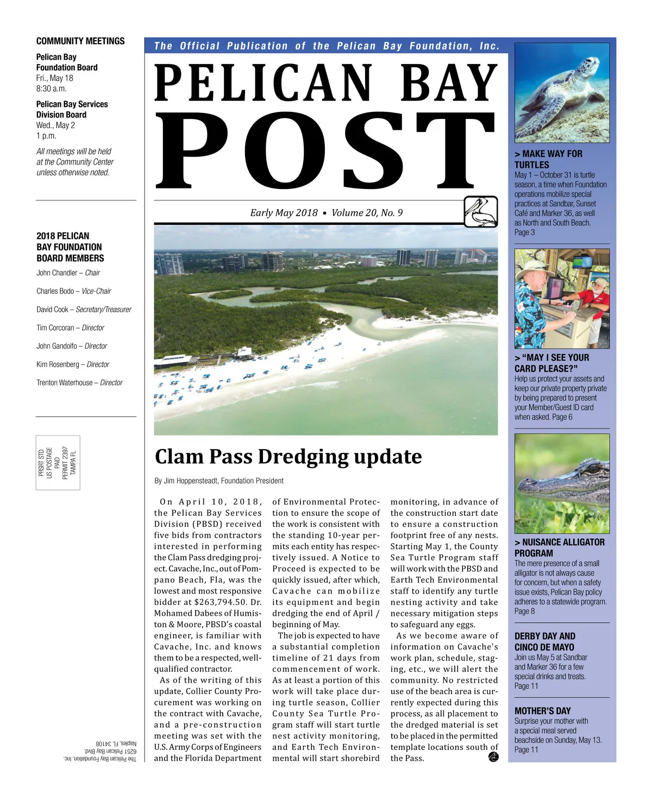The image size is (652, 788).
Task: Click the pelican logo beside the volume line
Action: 481,212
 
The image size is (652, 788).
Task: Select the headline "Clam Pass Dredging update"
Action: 288,457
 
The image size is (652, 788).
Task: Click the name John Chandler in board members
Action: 57,273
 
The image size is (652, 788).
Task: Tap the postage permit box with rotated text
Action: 58,463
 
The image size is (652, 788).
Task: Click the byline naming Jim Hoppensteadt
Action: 219,481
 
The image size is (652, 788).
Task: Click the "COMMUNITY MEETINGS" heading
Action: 80,41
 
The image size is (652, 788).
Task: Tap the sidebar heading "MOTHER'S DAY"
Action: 542,711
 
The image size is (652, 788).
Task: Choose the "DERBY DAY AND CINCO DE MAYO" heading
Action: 544,641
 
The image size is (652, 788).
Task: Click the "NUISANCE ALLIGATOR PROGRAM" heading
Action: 559,547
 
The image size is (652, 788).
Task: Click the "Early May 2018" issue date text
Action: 284,213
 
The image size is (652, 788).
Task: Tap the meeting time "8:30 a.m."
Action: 52,89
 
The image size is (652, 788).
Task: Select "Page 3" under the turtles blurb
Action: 524,232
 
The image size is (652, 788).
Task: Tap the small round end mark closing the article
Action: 493,758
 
